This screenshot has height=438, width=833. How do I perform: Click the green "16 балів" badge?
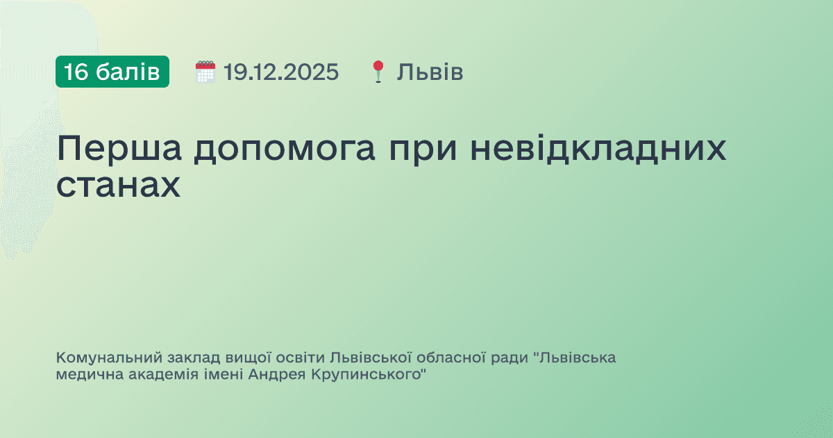(112, 72)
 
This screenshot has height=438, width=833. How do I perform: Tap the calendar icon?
(205, 72)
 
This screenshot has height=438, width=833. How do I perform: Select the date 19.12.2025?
(281, 72)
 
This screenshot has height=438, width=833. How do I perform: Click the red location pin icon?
(378, 72)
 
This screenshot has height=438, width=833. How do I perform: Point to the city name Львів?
(430, 72)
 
